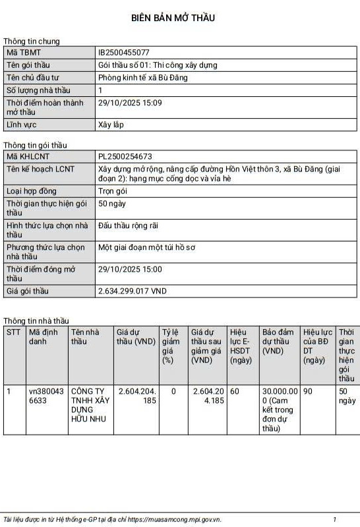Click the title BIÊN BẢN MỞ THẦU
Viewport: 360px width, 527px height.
[179, 18]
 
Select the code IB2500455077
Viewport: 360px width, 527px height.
[124, 52]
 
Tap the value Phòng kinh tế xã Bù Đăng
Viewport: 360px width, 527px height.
[142, 78]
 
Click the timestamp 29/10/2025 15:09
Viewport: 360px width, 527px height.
[130, 103]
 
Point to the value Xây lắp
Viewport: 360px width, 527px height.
[111, 125]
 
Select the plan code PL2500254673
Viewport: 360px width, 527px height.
[125, 156]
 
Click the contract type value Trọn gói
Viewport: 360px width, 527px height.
[113, 191]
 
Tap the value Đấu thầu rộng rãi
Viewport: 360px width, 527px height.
[128, 226]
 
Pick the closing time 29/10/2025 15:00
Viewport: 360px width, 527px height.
[130, 269]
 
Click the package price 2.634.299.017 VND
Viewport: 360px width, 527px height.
[132, 291]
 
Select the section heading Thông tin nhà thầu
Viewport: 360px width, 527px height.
[36, 321]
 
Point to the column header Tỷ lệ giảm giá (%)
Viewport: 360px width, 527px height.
[171, 346]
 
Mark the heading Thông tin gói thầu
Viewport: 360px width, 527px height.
[35, 145]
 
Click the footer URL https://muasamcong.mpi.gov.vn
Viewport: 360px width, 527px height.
[174, 519]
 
